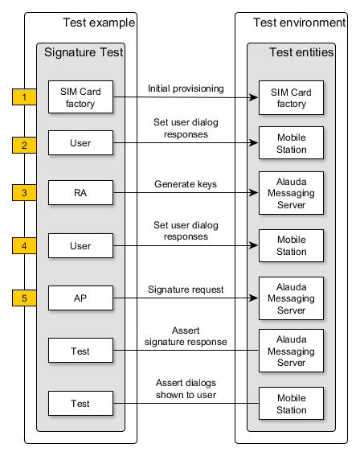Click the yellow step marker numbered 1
click(24, 97)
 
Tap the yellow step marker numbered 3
click(24, 192)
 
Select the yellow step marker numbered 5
click(24, 298)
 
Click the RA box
click(80, 192)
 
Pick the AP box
click(80, 298)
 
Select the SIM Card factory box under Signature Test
click(80, 97)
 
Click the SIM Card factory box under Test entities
click(291, 98)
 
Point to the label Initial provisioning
click(186, 88)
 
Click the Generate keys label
click(186, 184)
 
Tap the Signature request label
click(186, 290)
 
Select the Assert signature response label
click(186, 336)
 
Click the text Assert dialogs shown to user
click(186, 388)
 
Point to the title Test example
click(99, 23)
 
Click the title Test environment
click(299, 23)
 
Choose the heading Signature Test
click(84, 52)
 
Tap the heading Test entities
click(301, 52)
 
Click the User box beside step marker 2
click(80, 143)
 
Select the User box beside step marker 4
click(80, 246)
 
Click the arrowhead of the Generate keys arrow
click(254, 192)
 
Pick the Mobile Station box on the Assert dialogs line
click(291, 404)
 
